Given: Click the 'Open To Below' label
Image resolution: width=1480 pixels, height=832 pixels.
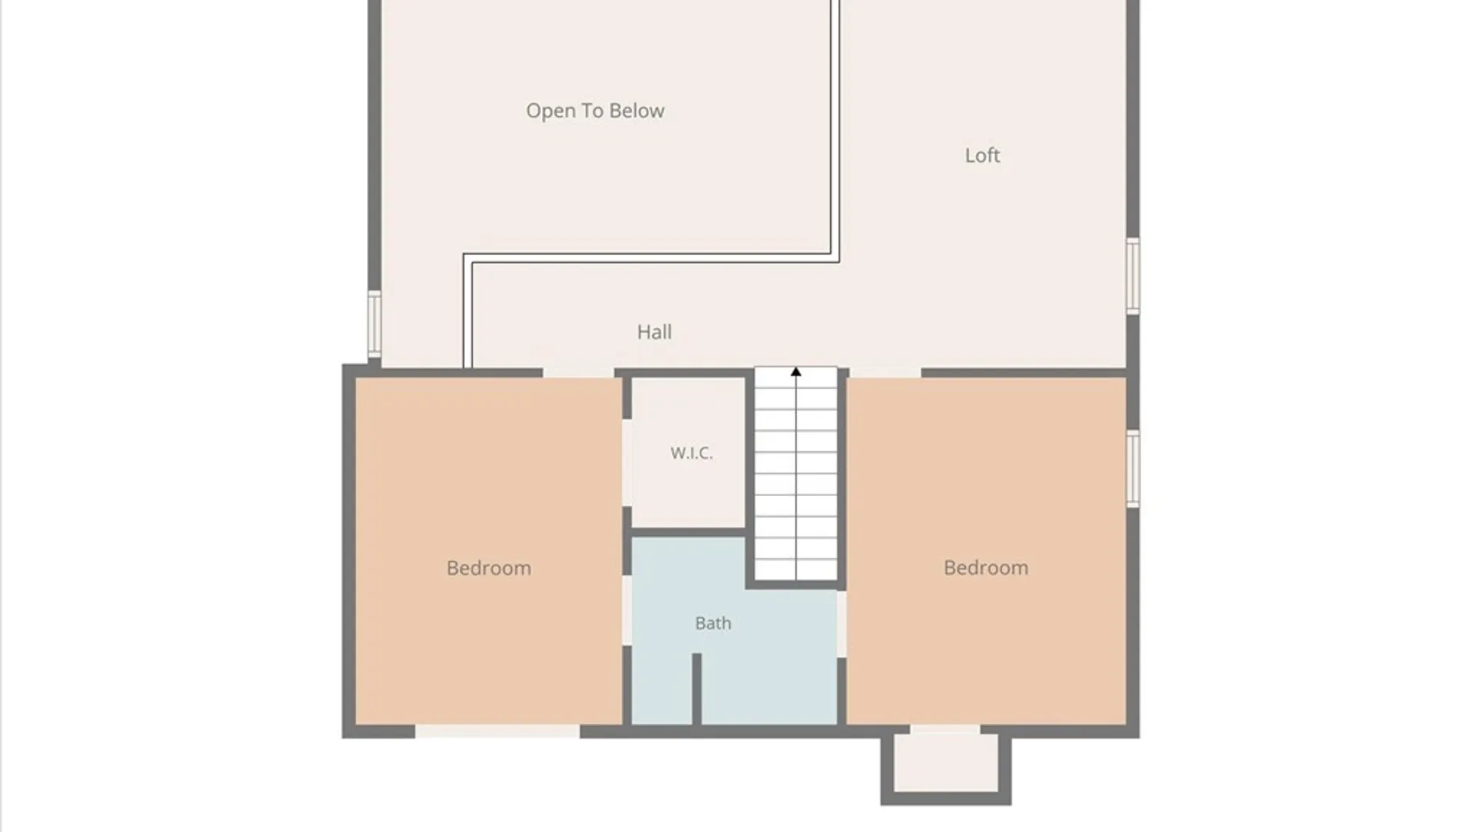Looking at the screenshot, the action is point(595,111).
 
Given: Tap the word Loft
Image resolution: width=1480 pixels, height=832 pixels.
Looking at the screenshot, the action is point(982,155).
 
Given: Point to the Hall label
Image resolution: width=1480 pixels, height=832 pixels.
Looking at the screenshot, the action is point(654,332).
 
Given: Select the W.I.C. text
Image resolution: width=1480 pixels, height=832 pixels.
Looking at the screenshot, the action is point(691,453).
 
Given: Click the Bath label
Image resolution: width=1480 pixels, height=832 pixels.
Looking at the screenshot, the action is point(713,623).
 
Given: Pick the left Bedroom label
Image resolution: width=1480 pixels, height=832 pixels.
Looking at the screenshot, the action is point(489,568).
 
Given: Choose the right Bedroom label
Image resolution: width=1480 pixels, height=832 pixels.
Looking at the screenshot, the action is point(986,568).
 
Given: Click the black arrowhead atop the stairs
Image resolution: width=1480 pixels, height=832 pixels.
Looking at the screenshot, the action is point(795,372).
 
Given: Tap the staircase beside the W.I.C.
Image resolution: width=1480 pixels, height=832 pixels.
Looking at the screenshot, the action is point(795,474).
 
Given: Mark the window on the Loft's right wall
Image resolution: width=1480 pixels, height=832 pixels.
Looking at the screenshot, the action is point(1133,276).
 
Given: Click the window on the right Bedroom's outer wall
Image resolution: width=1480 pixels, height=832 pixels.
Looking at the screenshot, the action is point(1133,468).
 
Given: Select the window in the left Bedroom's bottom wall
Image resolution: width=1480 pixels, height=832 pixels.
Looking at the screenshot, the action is point(497,732).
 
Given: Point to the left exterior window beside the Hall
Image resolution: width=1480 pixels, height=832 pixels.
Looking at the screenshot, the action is point(374,324).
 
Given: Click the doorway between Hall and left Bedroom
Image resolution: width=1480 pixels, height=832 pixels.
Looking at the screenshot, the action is point(578,373).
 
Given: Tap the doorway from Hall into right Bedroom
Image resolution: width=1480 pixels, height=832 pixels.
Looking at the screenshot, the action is point(885,373).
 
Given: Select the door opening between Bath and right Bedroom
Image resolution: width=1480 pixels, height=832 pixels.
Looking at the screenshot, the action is point(842,624).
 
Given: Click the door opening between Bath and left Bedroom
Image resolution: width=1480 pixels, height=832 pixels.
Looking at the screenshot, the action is point(627,610).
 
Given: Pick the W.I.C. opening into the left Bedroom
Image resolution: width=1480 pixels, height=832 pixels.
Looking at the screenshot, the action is point(627,462).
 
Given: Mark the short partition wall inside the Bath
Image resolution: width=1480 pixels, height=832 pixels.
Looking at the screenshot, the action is point(696,689).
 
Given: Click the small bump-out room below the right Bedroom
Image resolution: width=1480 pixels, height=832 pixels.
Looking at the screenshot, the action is point(946,765).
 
